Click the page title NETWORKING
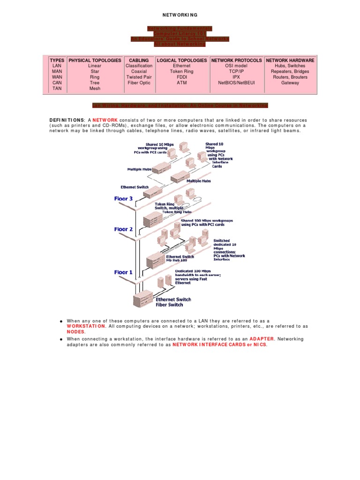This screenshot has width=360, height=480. pos(180,15)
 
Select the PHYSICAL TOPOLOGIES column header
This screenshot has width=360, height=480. pos(95,60)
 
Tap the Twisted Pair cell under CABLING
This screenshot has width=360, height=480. pos(139,77)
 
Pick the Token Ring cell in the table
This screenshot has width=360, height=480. pos(182,72)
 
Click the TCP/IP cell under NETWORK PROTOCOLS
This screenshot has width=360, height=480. pos(237,72)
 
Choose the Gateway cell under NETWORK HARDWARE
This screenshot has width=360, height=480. pos(290,82)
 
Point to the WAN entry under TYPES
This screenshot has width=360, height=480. pos(57,77)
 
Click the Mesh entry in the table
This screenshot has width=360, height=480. pos(95,88)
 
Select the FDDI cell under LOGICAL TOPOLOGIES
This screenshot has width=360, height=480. pos(182,77)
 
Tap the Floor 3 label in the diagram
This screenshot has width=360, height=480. pos(124,199)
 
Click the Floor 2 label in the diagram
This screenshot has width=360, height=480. pos(124,229)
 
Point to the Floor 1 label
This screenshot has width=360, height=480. pos(124,272)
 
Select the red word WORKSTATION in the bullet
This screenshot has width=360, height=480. pos(87,326)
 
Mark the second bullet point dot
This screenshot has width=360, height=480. pos(61,339)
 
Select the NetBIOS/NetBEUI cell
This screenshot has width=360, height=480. pos(237,82)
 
